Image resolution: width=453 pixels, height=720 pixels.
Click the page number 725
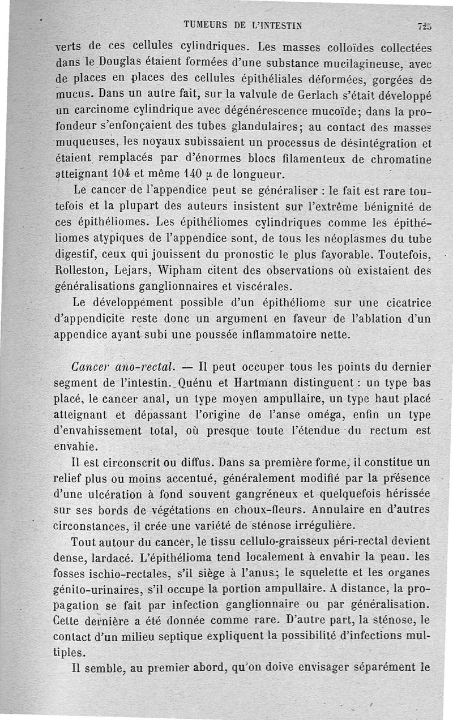(x=425, y=25)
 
